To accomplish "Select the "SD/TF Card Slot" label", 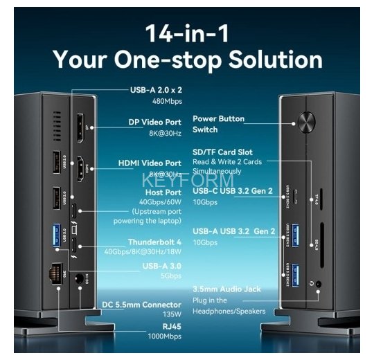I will tap(222, 152).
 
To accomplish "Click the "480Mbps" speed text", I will tap(166, 100).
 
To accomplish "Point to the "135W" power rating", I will tap(170, 314).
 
